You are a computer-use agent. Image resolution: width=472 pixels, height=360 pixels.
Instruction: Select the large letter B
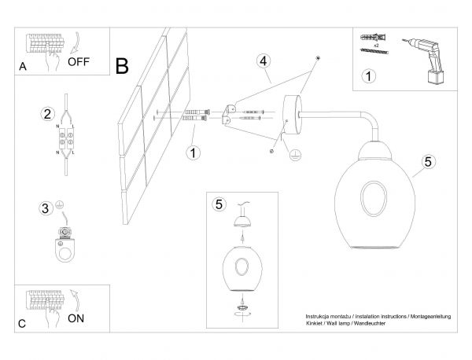122,66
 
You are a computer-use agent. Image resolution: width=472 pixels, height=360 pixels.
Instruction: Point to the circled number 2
47,115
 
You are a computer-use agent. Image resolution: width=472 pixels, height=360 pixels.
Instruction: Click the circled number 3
47,208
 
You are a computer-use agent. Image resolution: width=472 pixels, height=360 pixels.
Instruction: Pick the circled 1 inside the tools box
367,76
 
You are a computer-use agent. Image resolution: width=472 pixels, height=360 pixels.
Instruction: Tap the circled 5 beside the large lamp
429,162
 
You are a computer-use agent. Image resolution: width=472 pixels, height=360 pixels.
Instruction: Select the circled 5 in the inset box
219,203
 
